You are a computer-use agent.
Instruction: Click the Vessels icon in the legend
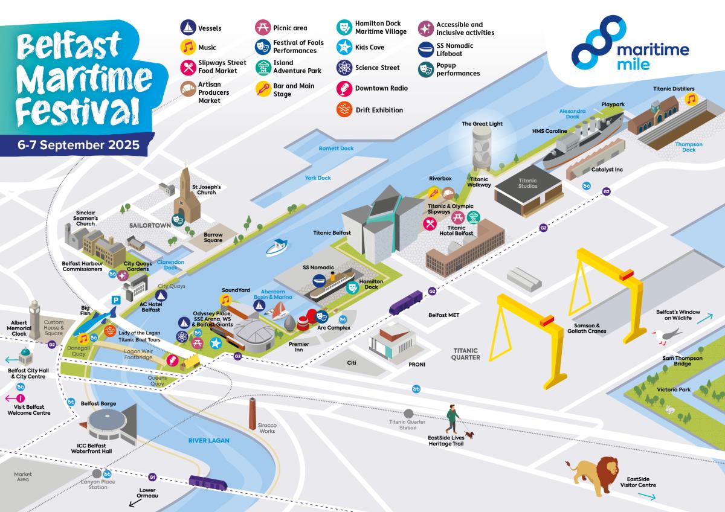click(188, 28)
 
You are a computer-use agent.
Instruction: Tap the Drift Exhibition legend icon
click(344, 110)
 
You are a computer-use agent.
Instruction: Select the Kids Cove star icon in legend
click(344, 47)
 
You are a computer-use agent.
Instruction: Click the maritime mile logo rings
click(596, 42)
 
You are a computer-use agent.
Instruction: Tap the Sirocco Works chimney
click(253, 414)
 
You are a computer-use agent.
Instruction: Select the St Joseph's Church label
click(207, 190)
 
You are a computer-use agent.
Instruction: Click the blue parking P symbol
click(115, 299)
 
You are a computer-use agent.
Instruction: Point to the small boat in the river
click(277, 247)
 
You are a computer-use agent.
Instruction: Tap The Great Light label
click(482, 124)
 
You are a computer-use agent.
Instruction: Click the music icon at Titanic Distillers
click(691, 98)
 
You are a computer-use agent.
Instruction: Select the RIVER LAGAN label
click(208, 441)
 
